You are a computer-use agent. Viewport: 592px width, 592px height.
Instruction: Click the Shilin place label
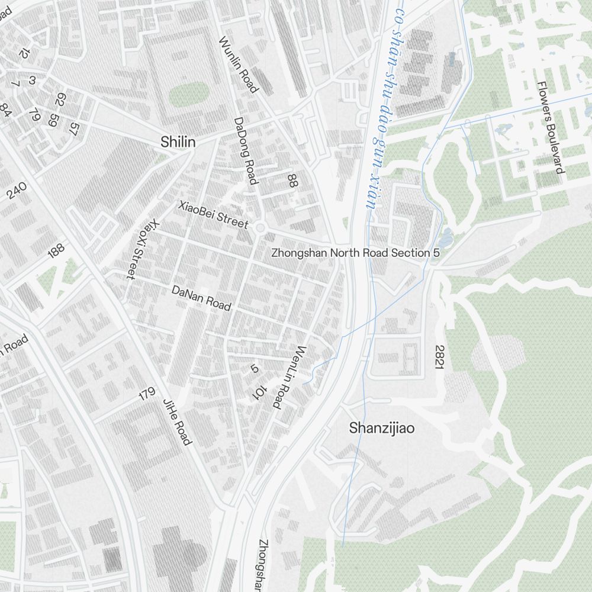[178, 142]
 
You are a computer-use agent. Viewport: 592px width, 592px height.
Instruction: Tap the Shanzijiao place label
[382, 427]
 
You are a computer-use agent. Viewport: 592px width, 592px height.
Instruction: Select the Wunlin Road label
[239, 65]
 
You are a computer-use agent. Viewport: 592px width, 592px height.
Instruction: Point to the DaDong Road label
[245, 150]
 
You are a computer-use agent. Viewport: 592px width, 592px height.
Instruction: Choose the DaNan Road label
[201, 298]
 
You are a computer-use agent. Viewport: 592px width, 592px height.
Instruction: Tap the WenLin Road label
[290, 377]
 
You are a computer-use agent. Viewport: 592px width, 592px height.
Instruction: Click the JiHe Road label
[177, 422]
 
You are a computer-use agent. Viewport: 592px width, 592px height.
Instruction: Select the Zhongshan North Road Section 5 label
[356, 253]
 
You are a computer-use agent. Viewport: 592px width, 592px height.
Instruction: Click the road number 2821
[439, 358]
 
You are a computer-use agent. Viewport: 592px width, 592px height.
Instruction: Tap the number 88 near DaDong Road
[291, 181]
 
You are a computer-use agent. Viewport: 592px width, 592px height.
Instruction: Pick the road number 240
[17, 191]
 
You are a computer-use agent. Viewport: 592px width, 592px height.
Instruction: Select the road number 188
[56, 250]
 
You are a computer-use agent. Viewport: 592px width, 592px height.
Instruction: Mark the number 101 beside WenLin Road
[259, 391]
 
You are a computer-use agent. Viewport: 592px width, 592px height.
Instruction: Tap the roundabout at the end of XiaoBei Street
[260, 227]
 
